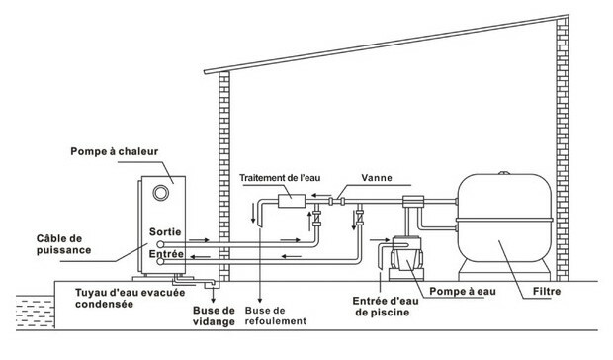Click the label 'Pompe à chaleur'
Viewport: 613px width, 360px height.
pos(114,151)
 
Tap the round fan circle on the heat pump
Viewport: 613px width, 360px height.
pos(161,193)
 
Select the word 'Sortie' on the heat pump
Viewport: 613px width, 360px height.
pos(165,232)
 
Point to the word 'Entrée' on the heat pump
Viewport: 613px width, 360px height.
pos(166,254)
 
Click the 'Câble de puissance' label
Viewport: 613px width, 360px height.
pos(63,244)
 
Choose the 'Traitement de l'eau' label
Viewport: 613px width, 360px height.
pos(280,178)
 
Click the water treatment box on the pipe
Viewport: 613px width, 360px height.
pos(292,201)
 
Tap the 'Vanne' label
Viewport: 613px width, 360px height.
pos(377,178)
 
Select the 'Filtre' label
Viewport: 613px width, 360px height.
pos(547,291)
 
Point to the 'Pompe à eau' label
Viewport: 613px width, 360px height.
pos(463,291)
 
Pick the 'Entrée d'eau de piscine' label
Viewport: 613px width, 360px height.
pos(386,307)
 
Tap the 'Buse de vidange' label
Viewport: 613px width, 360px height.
pos(214,316)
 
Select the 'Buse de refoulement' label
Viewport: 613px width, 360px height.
pos(276,315)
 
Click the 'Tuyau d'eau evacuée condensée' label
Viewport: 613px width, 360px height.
pos(131,298)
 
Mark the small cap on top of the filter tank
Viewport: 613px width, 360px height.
pos(504,173)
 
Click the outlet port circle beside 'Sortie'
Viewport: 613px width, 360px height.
pos(160,244)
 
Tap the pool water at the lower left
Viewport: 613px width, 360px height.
pos(36,312)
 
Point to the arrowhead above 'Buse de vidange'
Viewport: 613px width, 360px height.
pos(213,300)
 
